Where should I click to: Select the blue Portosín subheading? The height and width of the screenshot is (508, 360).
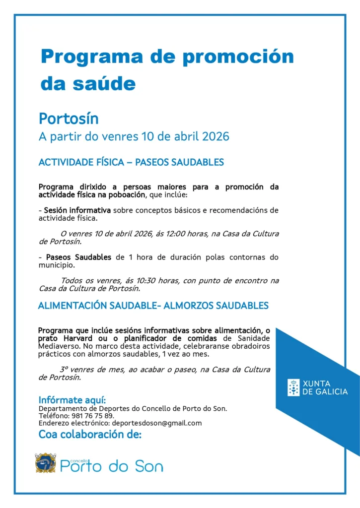tap(69, 119)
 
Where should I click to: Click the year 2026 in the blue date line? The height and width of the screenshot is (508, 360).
tap(216, 136)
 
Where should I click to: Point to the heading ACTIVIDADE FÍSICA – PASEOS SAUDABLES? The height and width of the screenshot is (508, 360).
tap(131, 162)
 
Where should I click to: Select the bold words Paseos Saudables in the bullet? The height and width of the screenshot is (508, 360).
tap(78, 257)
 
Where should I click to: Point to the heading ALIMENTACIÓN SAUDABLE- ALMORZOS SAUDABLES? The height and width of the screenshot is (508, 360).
tap(153, 306)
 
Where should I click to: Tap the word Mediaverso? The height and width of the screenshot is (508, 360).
tap(58, 346)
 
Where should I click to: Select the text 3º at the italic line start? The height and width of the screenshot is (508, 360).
tap(64, 370)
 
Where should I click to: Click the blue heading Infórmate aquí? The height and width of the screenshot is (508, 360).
tap(72, 400)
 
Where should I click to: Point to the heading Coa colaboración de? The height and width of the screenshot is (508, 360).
tap(90, 435)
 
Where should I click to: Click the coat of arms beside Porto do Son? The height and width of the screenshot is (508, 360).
tap(45, 463)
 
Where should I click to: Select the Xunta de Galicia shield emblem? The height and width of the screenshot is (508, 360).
tap(293, 387)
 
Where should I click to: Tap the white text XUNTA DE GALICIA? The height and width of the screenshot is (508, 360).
tap(325, 387)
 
